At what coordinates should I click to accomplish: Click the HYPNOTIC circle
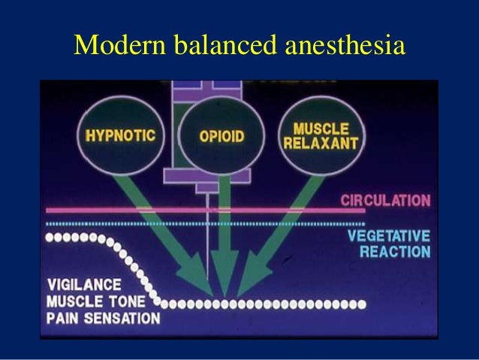tap(120, 137)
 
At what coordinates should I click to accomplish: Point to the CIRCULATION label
tap(385, 201)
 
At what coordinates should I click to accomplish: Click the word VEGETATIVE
tap(389, 235)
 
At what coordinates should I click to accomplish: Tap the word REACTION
tap(395, 251)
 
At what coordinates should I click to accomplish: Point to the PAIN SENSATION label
tap(103, 318)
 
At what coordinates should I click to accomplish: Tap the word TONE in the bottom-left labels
tap(139, 302)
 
